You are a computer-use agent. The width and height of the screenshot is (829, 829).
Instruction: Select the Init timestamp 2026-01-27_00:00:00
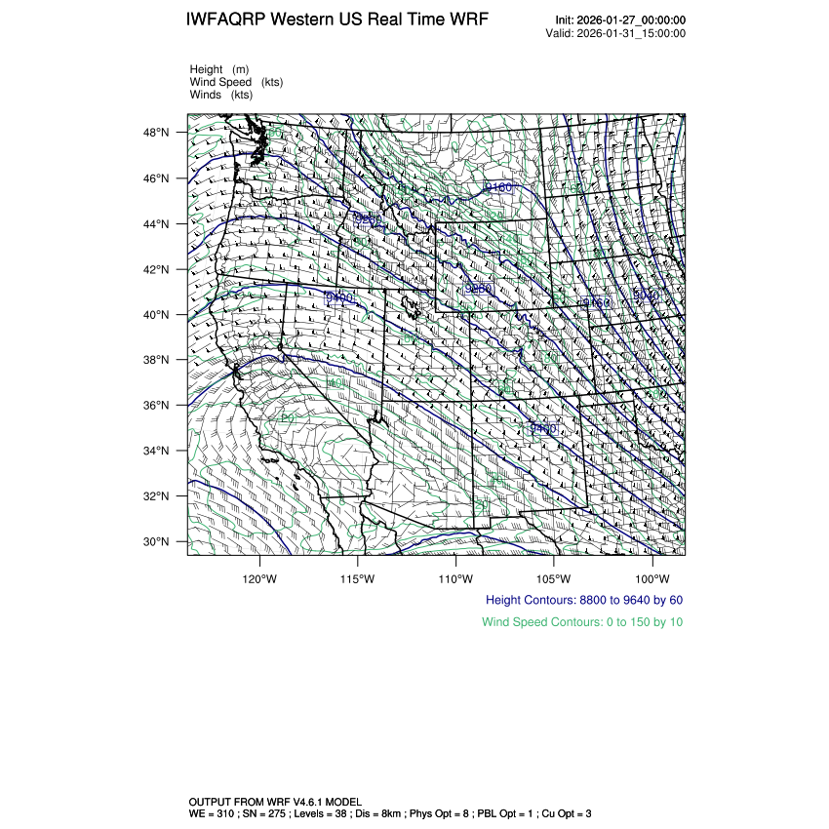point(634,20)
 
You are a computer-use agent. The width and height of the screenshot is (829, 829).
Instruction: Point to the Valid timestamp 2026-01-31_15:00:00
point(633,33)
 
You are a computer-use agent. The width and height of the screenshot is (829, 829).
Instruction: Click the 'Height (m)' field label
point(219,69)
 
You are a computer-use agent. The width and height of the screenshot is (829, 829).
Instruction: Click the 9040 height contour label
point(647,294)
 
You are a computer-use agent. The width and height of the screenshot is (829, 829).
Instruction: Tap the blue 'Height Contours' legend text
point(583,600)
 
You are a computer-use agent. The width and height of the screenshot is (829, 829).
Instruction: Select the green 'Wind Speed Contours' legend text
point(581,621)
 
